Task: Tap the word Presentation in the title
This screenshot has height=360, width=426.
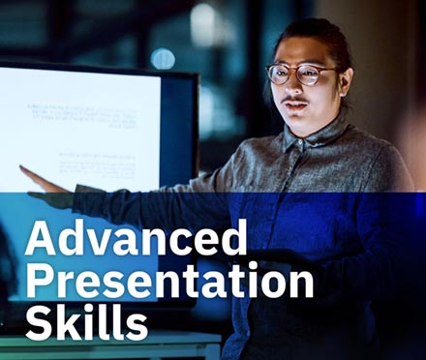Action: pyautogui.click(x=170, y=282)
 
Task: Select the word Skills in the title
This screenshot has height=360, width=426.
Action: pyautogui.click(x=87, y=323)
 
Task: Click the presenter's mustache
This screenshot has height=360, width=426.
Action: pyautogui.click(x=295, y=100)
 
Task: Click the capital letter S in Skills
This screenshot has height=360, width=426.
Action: pyautogui.click(x=39, y=323)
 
